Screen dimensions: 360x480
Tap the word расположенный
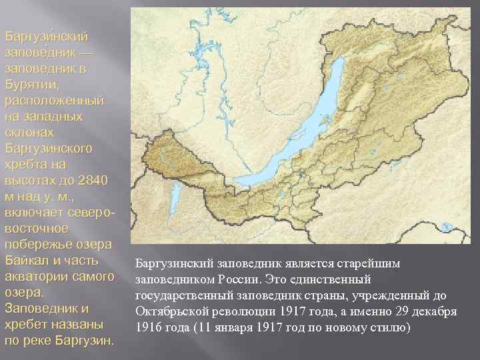[x=54, y=100]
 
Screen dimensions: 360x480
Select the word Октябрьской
[x=169, y=311]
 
